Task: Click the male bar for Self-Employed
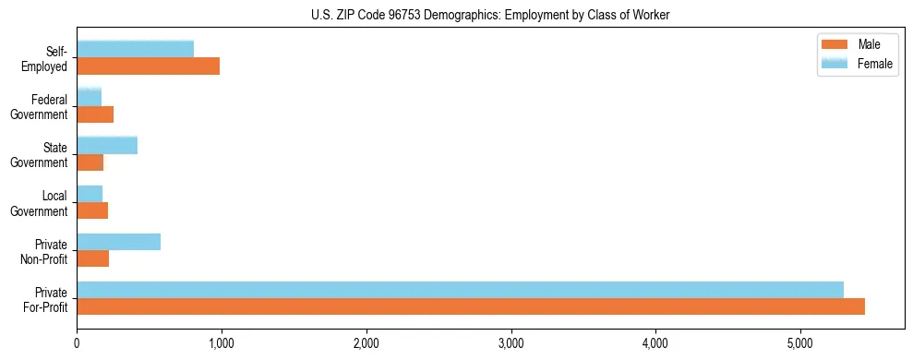pos(148,66)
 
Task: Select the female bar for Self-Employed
pos(135,49)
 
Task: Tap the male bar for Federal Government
pos(95,114)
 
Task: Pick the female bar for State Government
pos(107,145)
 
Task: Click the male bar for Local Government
pos(92,210)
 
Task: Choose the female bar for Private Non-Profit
pos(118,242)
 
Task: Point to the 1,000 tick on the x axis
pos(222,343)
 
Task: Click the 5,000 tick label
pos(800,343)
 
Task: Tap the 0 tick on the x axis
pos(77,343)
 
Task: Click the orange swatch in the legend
pos(834,44)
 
